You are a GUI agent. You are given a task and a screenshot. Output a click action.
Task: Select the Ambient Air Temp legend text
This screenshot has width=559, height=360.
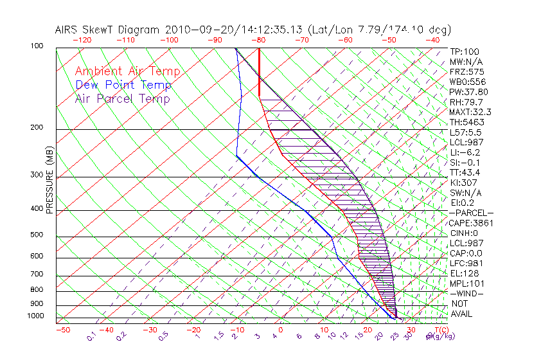coord(127,71)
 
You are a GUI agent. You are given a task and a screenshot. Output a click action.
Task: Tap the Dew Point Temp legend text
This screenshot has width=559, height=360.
coord(123,85)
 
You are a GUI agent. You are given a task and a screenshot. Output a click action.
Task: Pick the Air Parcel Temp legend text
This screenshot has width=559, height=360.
coord(123,98)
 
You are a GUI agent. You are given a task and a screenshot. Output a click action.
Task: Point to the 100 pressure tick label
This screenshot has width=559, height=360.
coord(37,46)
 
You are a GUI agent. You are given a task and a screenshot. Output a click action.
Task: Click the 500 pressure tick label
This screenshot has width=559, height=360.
coord(37,235)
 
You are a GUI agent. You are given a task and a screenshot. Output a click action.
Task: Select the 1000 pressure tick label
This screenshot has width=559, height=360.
coord(35,316)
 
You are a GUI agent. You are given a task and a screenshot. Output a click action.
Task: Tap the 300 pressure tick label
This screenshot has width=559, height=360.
coord(37,175)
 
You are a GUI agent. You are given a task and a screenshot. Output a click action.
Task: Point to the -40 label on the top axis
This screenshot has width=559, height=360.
coord(432,40)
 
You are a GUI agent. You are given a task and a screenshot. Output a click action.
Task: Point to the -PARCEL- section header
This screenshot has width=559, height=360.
coord(471,213)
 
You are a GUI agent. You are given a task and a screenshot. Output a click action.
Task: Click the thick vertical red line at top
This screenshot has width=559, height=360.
coord(259,71)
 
